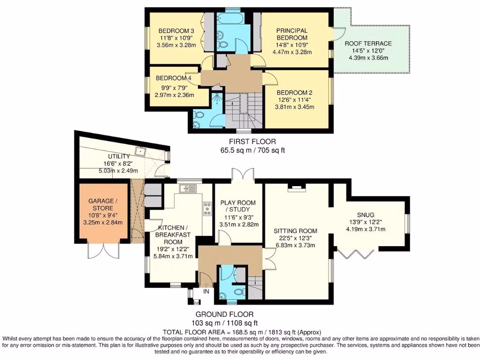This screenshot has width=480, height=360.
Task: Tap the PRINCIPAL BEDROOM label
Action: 292,34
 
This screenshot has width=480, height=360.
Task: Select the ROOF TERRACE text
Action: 368,44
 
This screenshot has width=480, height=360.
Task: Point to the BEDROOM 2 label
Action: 294,92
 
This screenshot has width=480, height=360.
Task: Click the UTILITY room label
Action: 119,157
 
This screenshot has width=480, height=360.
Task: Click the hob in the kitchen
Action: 207,209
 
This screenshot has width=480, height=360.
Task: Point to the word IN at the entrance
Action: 206,292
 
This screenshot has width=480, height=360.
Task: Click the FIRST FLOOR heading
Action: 252,142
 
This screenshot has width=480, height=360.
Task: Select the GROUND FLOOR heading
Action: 225,314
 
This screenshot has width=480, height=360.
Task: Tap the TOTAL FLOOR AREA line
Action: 242,332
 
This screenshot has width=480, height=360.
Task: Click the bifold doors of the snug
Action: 355,255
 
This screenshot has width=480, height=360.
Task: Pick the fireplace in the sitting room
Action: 297,188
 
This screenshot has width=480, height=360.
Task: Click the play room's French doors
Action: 243,174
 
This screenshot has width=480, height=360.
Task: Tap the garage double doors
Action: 103,251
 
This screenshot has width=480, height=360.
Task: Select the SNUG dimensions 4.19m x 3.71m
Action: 366,229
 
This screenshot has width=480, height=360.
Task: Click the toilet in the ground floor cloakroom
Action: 240,290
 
